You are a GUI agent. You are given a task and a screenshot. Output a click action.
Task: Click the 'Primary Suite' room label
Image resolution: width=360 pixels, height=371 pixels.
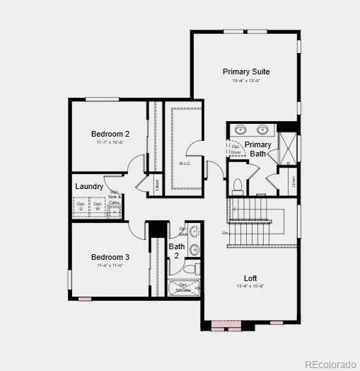click(x=246, y=72)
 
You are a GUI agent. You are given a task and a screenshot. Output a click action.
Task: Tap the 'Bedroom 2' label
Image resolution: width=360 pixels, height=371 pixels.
click(x=110, y=134)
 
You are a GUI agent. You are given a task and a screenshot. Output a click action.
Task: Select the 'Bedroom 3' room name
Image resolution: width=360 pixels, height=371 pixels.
click(x=110, y=257)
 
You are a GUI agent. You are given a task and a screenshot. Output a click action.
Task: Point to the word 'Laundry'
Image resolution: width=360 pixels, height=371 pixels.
click(x=89, y=187)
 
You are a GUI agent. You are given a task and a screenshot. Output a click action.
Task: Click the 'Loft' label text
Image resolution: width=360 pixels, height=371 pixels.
click(x=250, y=278)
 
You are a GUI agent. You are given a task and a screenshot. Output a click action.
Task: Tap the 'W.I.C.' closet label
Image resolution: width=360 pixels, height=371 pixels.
click(x=185, y=164)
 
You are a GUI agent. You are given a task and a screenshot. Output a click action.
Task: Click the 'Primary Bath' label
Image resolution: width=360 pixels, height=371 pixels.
click(x=258, y=149)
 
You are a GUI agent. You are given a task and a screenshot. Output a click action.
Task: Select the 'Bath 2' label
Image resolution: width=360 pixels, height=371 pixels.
click(x=177, y=251)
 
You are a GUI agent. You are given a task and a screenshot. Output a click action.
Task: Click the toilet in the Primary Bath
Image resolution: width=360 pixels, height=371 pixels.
click(x=238, y=186)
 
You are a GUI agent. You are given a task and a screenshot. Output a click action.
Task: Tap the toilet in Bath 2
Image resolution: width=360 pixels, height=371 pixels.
click(x=192, y=269)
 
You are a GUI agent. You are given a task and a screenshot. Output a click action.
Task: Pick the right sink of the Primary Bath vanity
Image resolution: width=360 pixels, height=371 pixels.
click(x=264, y=130)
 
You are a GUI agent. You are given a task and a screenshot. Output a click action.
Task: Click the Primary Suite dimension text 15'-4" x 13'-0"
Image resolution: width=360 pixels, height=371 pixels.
click(x=246, y=80)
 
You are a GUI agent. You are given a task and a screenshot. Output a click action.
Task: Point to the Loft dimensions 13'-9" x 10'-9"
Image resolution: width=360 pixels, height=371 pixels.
click(x=250, y=287)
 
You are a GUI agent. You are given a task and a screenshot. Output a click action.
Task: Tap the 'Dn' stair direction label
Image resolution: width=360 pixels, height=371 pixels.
click(x=225, y=233)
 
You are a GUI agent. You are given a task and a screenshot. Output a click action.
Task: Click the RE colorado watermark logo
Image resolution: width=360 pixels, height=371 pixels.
click(x=330, y=364)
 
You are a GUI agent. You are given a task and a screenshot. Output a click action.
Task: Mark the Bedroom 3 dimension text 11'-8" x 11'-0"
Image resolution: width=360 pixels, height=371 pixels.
click(x=110, y=266)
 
